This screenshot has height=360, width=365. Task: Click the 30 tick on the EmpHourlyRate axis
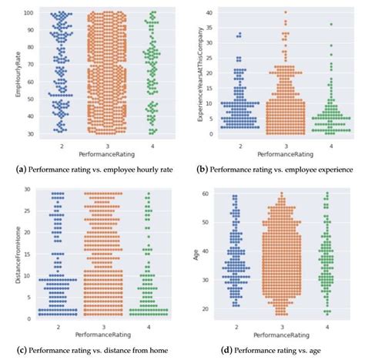tap(27, 132)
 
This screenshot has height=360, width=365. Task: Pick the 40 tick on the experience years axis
tap(209, 12)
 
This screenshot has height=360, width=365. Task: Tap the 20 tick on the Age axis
tap(209, 309)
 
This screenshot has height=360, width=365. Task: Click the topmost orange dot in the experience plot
tap(285, 12)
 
